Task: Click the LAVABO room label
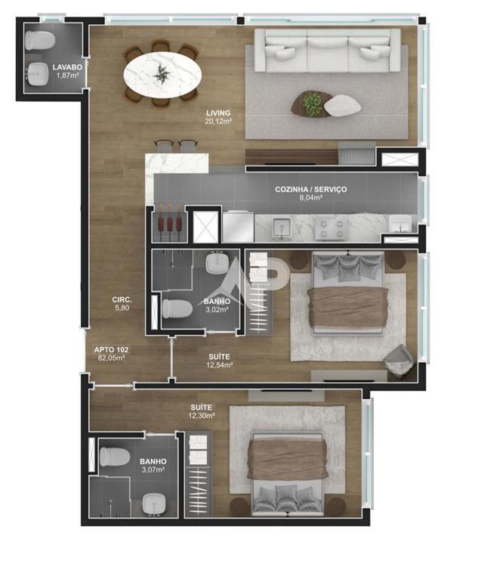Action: [67, 67]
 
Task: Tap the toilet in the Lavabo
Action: [40, 41]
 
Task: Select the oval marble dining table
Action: [162, 75]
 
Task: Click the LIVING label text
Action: [218, 113]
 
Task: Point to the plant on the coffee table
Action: [312, 104]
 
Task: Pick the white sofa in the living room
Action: [328, 51]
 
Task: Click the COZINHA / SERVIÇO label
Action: [310, 189]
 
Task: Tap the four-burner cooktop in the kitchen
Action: [331, 228]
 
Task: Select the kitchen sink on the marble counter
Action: [282, 228]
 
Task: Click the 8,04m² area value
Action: [310, 198]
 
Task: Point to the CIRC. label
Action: [122, 300]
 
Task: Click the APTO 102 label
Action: [111, 350]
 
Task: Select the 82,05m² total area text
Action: [111, 358]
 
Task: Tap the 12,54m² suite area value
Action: [219, 365]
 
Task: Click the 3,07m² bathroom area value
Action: [153, 469]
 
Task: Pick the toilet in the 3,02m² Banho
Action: [177, 308]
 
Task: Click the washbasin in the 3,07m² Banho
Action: [154, 503]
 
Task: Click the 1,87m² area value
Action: [67, 76]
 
